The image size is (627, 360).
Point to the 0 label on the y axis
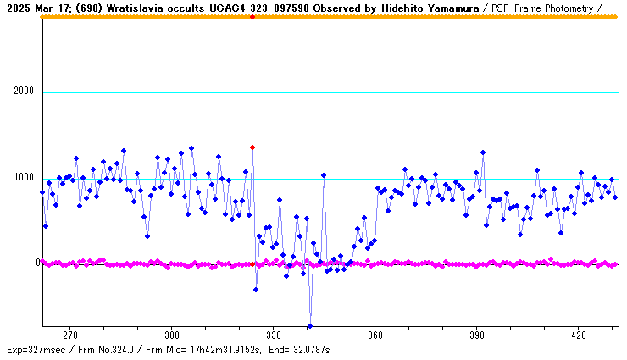point(38,263)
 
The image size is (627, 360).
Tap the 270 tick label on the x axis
point(69,335)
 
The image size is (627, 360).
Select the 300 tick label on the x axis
point(171,335)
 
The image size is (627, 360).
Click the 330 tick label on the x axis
point(273,335)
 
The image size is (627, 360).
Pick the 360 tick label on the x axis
point(375,335)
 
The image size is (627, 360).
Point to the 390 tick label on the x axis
point(476,335)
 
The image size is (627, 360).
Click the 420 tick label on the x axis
point(578,335)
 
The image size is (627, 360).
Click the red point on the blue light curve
point(252,147)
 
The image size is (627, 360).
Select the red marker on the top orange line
point(252,17)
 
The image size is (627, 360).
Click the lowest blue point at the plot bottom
point(310,326)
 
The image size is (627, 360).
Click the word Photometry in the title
point(570,7)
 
